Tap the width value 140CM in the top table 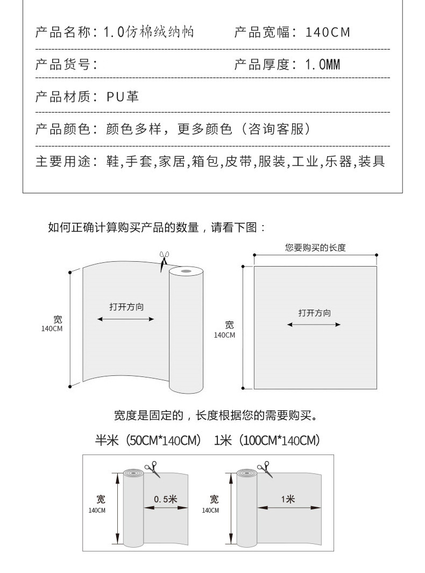pyautogui.click(x=328, y=32)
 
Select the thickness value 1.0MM pyautogui.click(x=323, y=65)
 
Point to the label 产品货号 pyautogui.click(x=66, y=65)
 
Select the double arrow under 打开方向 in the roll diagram pyautogui.click(x=126, y=319)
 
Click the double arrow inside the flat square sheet pyautogui.click(x=314, y=325)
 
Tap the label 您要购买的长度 pyautogui.click(x=315, y=248)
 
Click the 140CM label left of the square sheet pyautogui.click(x=225, y=335)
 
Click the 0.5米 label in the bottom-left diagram pyautogui.click(x=165, y=499)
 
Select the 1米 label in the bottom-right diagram pyautogui.click(x=288, y=499)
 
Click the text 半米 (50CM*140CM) pyautogui.click(x=148, y=441)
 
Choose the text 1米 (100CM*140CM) pyautogui.click(x=267, y=441)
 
